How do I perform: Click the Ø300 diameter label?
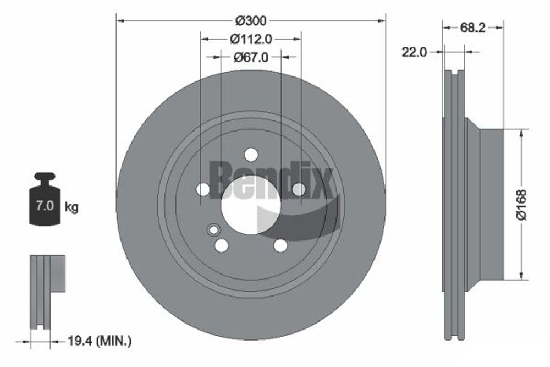[x=251, y=21]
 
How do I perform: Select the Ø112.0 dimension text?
[x=251, y=39]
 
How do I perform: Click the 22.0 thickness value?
[x=414, y=52]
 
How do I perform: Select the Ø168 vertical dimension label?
[x=522, y=205]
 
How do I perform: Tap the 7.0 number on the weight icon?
[x=44, y=207]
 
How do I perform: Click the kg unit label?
[x=71, y=207]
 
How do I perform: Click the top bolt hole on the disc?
[x=251, y=155]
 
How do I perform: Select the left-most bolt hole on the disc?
[x=203, y=189]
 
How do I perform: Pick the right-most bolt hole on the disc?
[x=299, y=189]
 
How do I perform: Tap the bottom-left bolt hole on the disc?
[x=221, y=245]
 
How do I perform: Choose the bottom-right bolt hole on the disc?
[x=280, y=245]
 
